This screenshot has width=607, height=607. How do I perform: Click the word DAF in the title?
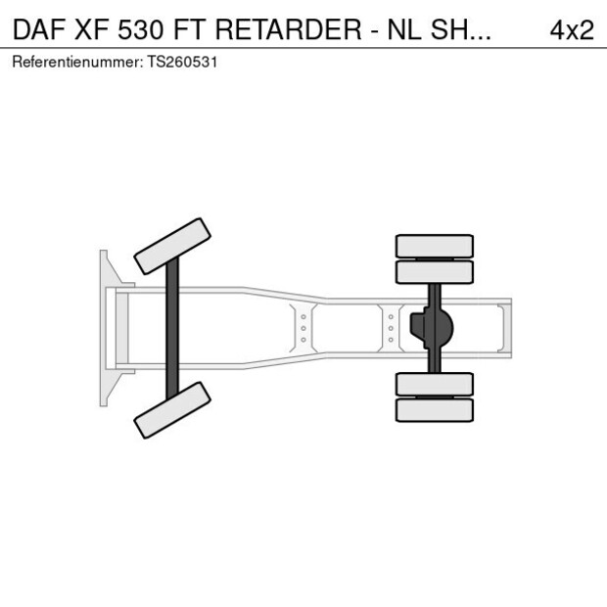click(x=39, y=29)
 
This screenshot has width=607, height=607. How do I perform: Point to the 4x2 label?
click(x=572, y=29)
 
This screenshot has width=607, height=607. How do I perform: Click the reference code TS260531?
click(x=182, y=62)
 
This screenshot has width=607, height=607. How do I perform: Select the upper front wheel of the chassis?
click(x=173, y=246)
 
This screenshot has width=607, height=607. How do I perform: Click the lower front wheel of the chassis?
click(x=173, y=409)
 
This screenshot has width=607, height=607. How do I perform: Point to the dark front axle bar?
click(x=172, y=328)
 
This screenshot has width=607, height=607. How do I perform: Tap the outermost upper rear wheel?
click(x=434, y=245)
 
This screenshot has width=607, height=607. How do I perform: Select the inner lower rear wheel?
click(x=434, y=384)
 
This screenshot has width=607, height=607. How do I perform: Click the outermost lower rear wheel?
click(x=434, y=409)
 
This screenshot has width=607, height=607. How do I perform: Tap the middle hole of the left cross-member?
click(x=303, y=328)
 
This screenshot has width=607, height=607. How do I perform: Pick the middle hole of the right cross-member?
click(x=391, y=328)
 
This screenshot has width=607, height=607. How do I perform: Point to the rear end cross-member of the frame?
click(x=504, y=328)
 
